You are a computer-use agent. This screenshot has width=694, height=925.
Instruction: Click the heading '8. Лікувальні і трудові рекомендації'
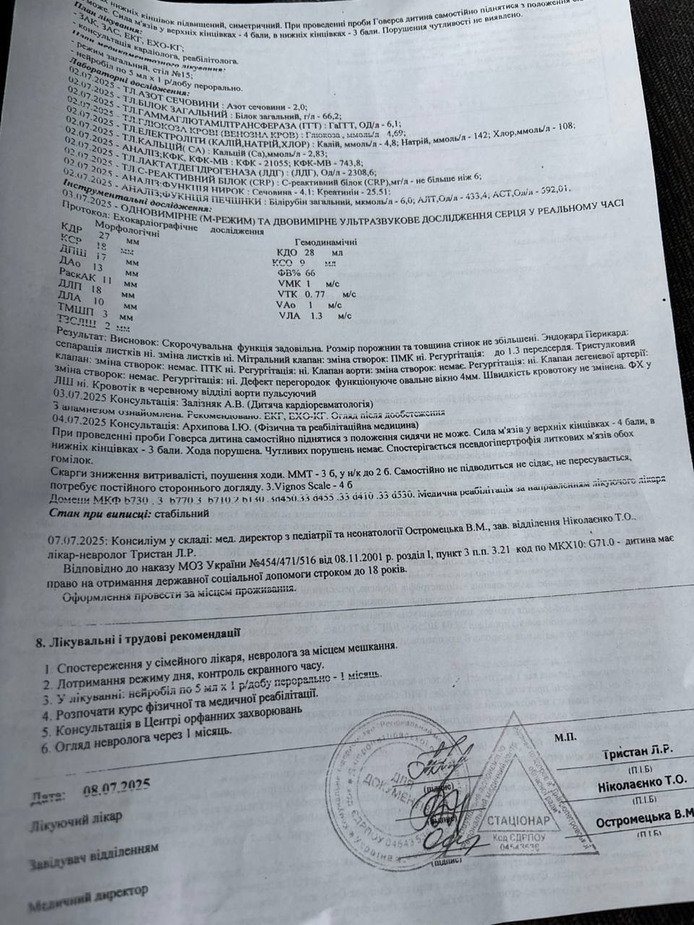pyautogui.click(x=138, y=637)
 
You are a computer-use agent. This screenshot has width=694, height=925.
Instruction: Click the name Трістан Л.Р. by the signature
pyautogui.click(x=637, y=752)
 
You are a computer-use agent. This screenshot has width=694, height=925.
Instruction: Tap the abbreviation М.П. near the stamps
pyautogui.click(x=566, y=737)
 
